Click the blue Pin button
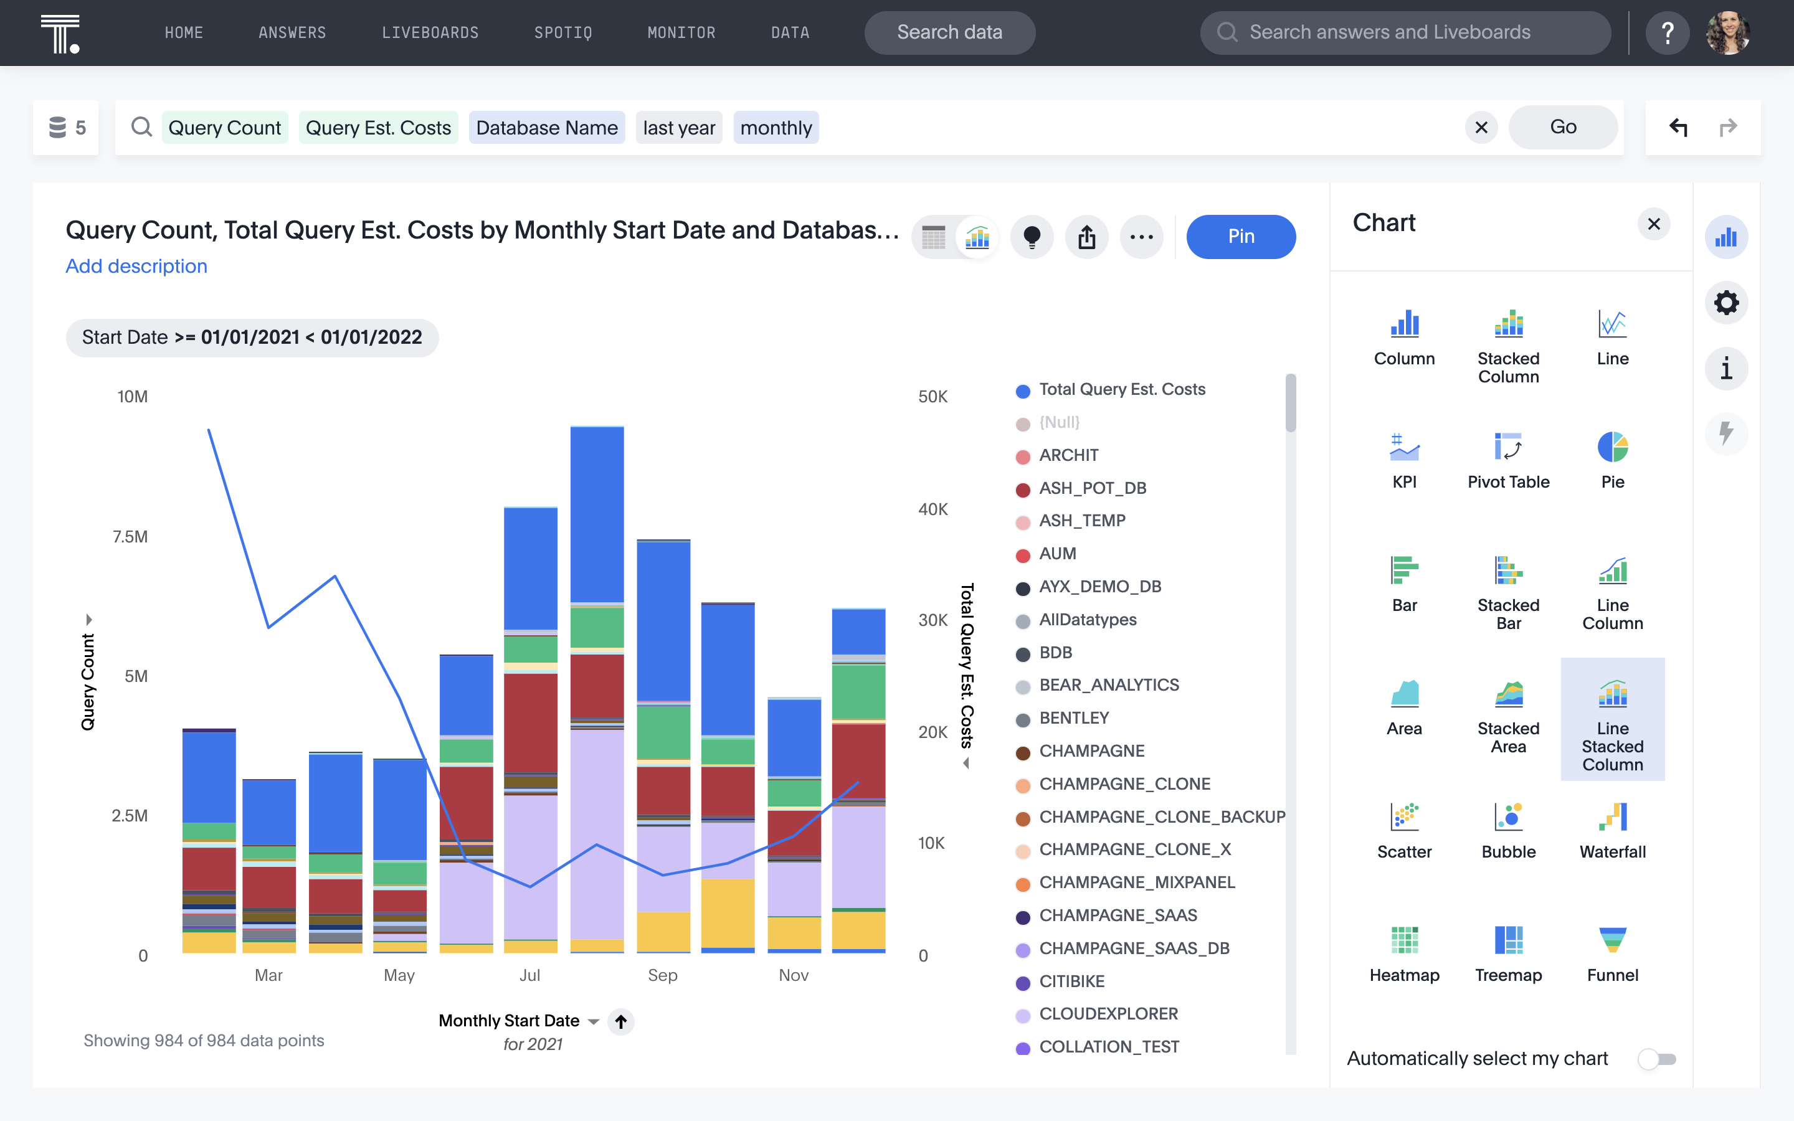[x=1240, y=237]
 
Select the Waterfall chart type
[x=1611, y=830]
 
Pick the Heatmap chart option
[x=1403, y=953]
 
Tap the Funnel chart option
[x=1611, y=953]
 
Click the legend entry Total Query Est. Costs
[x=1121, y=390]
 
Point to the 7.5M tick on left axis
[x=130, y=537]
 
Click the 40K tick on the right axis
[x=933, y=509]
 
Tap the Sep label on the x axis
[x=662, y=976]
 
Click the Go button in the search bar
[x=1562, y=128]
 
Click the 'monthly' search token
[x=776, y=128]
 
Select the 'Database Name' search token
[x=546, y=128]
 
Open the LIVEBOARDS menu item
[x=430, y=32]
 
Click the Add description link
[x=136, y=266]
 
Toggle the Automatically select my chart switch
[x=1656, y=1059]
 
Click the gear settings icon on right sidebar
[x=1726, y=303]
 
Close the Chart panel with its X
[x=1653, y=224]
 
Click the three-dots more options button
[x=1141, y=237]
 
